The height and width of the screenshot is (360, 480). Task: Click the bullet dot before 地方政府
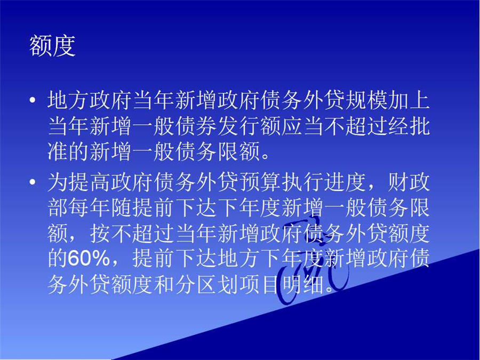[33, 100]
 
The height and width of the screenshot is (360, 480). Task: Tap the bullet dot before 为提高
[33, 182]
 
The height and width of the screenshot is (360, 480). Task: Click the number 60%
[89, 259]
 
